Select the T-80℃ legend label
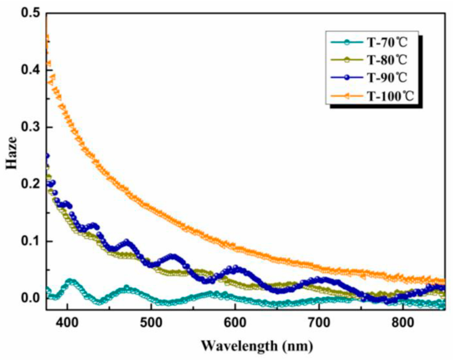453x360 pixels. coord(387,60)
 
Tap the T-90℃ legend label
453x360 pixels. coord(387,78)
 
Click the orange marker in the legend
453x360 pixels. coord(347,97)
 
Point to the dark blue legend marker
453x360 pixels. coord(347,78)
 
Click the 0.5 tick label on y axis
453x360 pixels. coord(30,13)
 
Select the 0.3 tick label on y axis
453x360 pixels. coord(30,127)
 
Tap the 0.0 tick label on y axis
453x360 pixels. coord(30,298)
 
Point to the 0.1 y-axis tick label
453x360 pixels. coord(30,241)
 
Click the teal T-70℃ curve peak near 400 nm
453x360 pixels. coord(70,281)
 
